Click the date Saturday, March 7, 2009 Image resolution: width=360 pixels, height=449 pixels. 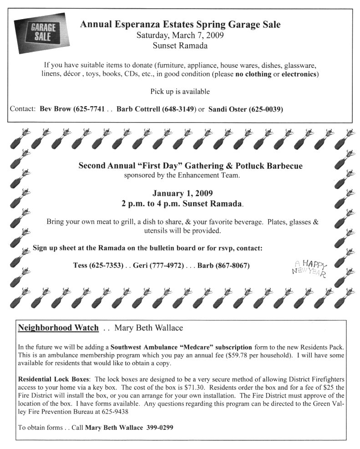pos(180,35)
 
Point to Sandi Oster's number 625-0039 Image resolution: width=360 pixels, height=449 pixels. pos(265,109)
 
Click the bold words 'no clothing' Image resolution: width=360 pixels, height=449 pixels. pos(253,74)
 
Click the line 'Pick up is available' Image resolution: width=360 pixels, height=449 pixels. pos(180,92)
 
